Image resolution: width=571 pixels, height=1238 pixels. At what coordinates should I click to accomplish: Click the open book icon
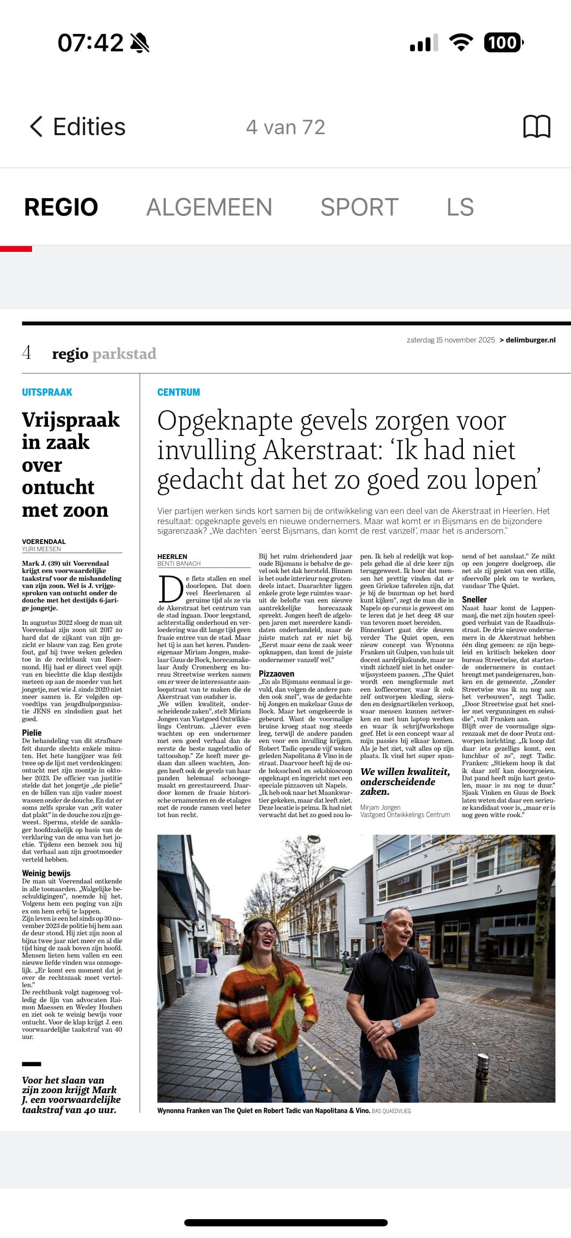pyautogui.click(x=537, y=127)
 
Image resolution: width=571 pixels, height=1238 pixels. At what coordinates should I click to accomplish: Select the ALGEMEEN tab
pyautogui.click(x=209, y=207)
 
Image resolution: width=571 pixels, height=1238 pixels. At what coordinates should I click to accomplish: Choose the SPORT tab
pyautogui.click(x=359, y=207)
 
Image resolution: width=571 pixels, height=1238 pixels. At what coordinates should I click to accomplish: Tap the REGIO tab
pyautogui.click(x=61, y=207)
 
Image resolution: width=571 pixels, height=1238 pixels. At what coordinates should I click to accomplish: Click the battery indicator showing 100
pyautogui.click(x=503, y=43)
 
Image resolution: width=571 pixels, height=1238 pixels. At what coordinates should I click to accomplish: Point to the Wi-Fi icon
pyautogui.click(x=461, y=43)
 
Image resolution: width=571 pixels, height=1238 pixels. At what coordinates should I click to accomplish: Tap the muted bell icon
pyautogui.click(x=140, y=43)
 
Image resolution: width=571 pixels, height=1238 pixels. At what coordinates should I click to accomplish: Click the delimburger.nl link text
pyautogui.click(x=530, y=340)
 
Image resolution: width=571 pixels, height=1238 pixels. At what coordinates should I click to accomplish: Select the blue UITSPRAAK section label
pyautogui.click(x=47, y=392)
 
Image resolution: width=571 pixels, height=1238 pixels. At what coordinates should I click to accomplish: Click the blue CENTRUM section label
pyautogui.click(x=178, y=392)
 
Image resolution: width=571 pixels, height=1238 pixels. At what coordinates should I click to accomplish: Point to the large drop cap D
pyautogui.click(x=171, y=589)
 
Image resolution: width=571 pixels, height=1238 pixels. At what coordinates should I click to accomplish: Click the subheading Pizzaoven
pyautogui.click(x=276, y=674)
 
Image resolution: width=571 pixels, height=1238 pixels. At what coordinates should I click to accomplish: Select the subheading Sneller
pyautogui.click(x=474, y=600)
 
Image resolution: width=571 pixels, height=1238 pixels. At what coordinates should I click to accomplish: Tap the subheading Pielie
pyautogui.click(x=32, y=733)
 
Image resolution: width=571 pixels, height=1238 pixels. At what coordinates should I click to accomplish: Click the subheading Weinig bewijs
pyautogui.click(x=46, y=873)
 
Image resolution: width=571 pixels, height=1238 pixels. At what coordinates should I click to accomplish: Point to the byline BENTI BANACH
pyautogui.click(x=179, y=564)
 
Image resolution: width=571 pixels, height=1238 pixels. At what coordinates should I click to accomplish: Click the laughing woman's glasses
pyautogui.click(x=266, y=931)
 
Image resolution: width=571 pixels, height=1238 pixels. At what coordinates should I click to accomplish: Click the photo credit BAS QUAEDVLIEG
pyautogui.click(x=391, y=1111)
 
